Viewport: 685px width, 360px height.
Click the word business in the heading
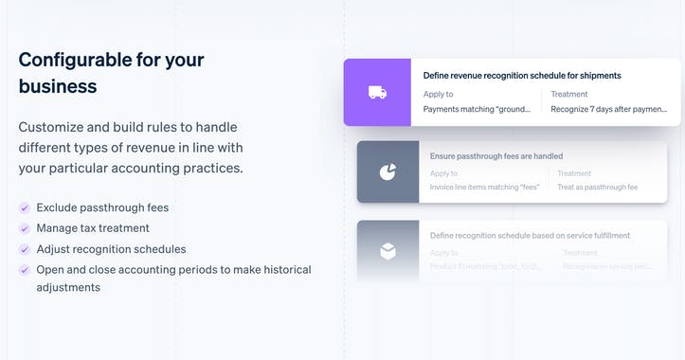57,86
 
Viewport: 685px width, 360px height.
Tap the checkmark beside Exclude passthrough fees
24,207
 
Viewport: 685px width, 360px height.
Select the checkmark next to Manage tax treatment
24,228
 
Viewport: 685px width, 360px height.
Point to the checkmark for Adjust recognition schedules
24,249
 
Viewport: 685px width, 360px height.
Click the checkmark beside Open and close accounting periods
24,270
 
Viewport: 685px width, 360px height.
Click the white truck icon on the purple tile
377,92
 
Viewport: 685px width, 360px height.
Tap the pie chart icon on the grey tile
388,171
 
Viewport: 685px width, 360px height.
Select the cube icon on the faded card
388,251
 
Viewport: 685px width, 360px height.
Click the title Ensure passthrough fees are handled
496,156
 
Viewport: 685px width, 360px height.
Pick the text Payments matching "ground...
476,110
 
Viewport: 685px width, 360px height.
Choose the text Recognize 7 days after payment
608,110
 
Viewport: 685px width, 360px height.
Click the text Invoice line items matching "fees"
484,187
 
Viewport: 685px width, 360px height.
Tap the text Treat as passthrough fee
597,187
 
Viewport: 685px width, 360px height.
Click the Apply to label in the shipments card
438,95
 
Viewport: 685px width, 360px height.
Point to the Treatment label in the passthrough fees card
574,173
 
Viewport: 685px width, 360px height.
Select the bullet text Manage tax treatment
93,228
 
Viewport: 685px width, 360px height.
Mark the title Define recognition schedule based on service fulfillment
530,235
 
